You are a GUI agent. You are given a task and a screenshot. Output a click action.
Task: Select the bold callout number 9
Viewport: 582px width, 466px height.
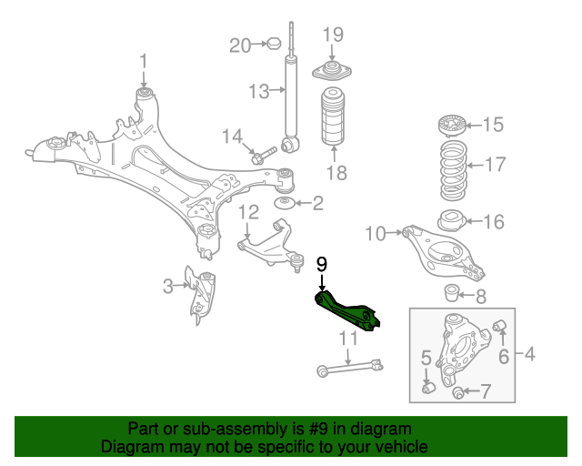tap(321, 265)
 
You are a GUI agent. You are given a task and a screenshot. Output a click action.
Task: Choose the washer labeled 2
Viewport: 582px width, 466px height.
tap(284, 202)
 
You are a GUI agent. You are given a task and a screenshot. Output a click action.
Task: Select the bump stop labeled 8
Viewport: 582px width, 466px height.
tap(450, 293)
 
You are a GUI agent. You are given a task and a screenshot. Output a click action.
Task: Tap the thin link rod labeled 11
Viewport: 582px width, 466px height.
tap(350, 367)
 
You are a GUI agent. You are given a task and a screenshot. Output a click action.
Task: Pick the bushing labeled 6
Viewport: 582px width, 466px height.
tap(498, 326)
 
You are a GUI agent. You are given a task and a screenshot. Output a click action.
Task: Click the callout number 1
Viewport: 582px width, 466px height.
tap(143, 62)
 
